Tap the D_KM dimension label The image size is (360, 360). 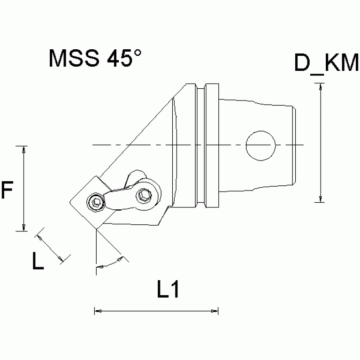(x=327, y=63)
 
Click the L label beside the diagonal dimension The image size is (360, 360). (x=38, y=261)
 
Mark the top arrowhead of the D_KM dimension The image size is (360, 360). (x=321, y=86)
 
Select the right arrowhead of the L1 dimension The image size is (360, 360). (x=215, y=311)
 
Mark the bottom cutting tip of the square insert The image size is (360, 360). (x=95, y=230)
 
